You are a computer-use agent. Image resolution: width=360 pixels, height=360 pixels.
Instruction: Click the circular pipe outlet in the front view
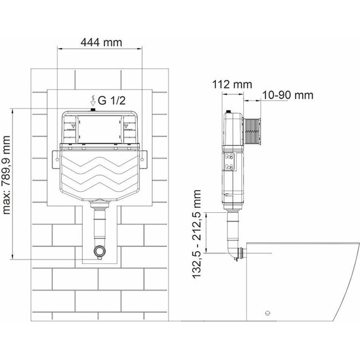coord(100,251)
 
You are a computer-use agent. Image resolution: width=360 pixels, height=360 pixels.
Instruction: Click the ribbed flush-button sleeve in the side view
coord(253,132)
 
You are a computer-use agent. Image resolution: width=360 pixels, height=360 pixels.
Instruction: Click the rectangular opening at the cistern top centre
coord(100,129)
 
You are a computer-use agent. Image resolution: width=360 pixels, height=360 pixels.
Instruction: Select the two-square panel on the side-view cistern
coord(231,162)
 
